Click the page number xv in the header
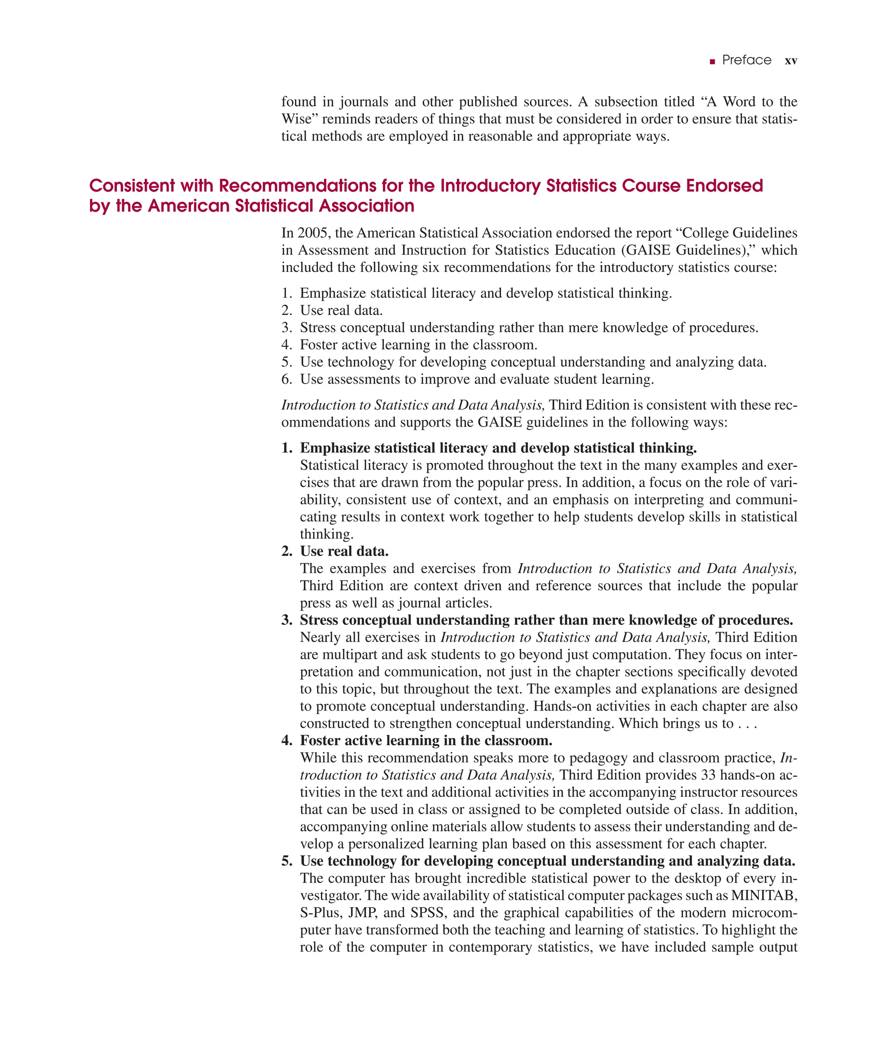tap(790, 61)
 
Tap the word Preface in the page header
tap(746, 60)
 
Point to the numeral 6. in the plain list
tap(287, 379)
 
